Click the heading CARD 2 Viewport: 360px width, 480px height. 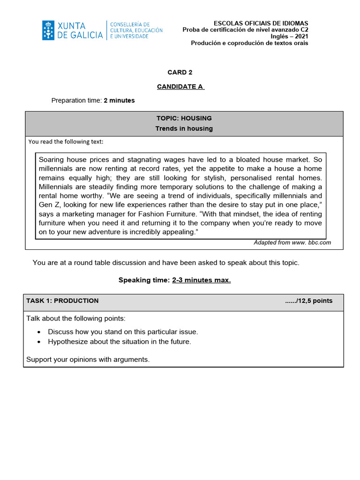pyautogui.click(x=180, y=72)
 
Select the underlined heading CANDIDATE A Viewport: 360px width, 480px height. pyautogui.click(x=180, y=87)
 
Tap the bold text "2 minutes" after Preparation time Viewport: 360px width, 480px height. pyautogui.click(x=119, y=100)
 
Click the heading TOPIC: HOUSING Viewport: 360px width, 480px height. pyautogui.click(x=184, y=118)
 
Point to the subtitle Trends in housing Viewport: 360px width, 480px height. pyautogui.click(x=184, y=128)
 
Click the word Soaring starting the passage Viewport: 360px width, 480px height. pyautogui.click(x=52, y=159)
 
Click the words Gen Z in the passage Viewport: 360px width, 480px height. pyautogui.click(x=48, y=205)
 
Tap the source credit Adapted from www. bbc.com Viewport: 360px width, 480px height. pyautogui.click(x=292, y=242)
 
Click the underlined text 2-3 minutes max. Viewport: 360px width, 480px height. pyautogui.click(x=201, y=280)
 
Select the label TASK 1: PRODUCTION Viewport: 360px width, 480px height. pyautogui.click(x=62, y=301)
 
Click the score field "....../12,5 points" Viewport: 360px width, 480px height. pyautogui.click(x=308, y=301)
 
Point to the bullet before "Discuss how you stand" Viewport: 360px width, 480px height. pyautogui.click(x=39, y=332)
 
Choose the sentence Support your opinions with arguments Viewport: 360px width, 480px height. pyautogui.click(x=88, y=360)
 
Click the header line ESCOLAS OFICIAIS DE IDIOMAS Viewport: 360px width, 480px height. pyautogui.click(x=261, y=23)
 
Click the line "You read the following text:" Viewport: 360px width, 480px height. pyautogui.click(x=66, y=142)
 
